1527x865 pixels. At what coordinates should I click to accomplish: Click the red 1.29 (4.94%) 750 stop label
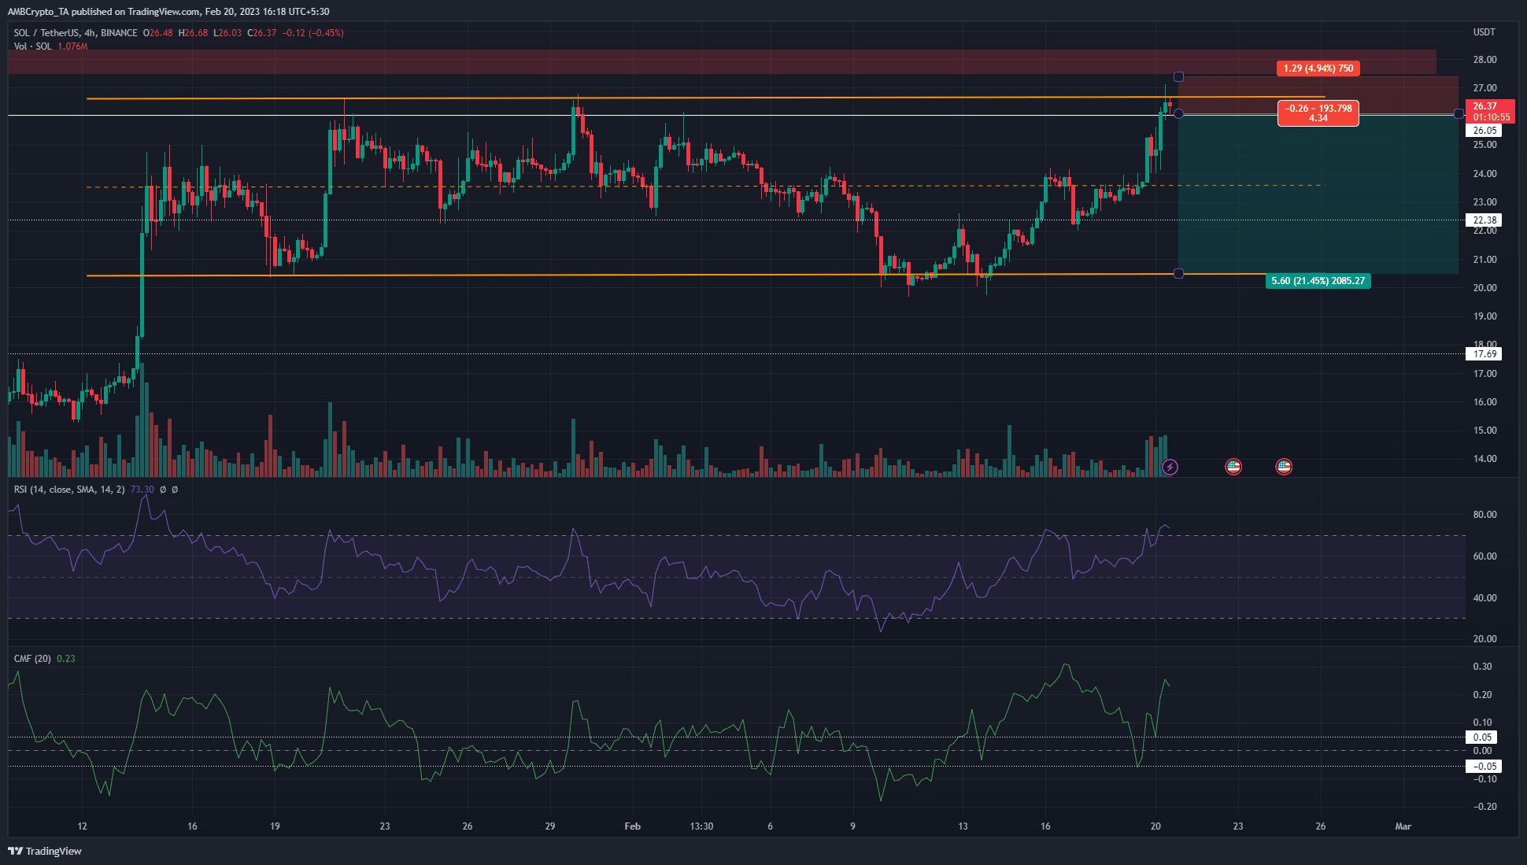pyautogui.click(x=1318, y=68)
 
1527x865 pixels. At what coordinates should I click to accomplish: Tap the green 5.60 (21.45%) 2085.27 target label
pyautogui.click(x=1318, y=281)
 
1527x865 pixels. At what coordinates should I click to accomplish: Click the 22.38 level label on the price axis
pyautogui.click(x=1484, y=220)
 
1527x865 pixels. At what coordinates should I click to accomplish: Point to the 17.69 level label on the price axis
pyautogui.click(x=1484, y=354)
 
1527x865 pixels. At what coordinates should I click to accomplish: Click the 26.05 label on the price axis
pyautogui.click(x=1484, y=131)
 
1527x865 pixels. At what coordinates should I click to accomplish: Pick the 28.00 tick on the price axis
pyautogui.click(x=1484, y=60)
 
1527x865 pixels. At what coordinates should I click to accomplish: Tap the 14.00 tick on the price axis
pyautogui.click(x=1484, y=459)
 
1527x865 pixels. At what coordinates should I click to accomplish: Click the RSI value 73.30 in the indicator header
pyautogui.click(x=142, y=490)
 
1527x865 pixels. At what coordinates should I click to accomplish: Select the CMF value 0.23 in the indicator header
pyautogui.click(x=66, y=659)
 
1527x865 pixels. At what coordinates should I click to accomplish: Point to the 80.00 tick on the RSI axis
pyautogui.click(x=1484, y=515)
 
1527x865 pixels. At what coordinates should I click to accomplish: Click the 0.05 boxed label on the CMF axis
pyautogui.click(x=1482, y=737)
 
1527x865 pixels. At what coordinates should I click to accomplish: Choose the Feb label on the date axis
pyautogui.click(x=632, y=826)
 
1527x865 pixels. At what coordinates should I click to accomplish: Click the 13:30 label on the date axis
pyautogui.click(x=701, y=826)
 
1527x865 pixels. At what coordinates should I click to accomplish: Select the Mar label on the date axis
pyautogui.click(x=1403, y=826)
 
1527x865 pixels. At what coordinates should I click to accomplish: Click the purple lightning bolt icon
pyautogui.click(x=1170, y=468)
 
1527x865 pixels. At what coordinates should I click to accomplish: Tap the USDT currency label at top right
pyautogui.click(x=1484, y=32)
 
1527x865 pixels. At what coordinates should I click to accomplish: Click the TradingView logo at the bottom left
pyautogui.click(x=45, y=851)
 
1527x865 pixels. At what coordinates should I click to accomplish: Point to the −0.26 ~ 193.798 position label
pyautogui.click(x=1318, y=113)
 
